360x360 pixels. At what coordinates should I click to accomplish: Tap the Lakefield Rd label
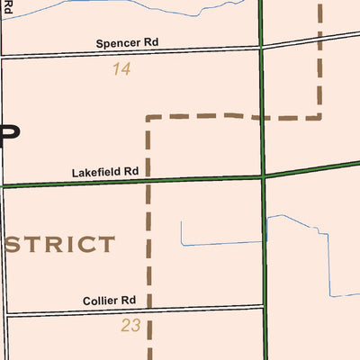coord(105,171)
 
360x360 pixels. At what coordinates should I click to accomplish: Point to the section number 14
coord(121,68)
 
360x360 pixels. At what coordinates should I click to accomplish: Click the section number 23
coord(130,326)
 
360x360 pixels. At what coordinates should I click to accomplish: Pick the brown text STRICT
coord(60,245)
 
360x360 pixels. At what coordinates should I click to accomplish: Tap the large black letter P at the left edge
coord(9,133)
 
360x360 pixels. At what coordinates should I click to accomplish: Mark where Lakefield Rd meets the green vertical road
coord(264,176)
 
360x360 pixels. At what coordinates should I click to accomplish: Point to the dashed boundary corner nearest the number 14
coord(148,117)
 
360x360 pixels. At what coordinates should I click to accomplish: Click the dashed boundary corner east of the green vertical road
coord(319,116)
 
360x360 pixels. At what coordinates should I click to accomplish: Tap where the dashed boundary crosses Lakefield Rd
coord(148,181)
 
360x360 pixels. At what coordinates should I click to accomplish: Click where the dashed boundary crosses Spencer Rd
coord(319,38)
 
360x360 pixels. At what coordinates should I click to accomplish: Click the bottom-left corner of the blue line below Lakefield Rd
coord(182,244)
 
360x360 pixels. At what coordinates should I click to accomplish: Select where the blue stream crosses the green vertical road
coord(265,218)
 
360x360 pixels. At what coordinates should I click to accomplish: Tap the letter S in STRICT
coord(15,245)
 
